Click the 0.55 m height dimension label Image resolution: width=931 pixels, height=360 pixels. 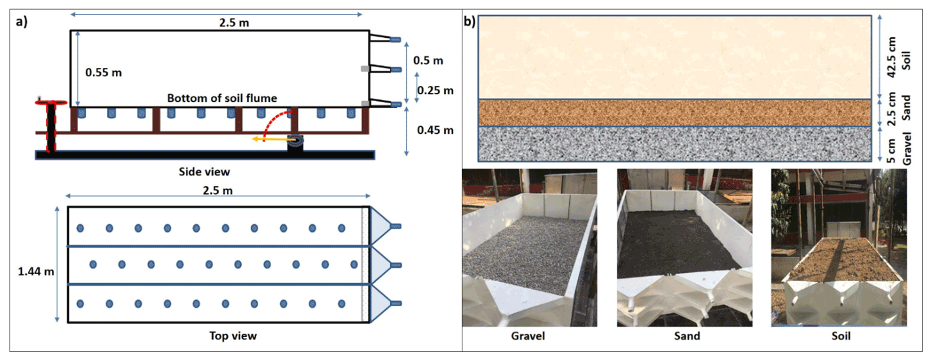[x=103, y=72]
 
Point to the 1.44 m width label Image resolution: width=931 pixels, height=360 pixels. [x=37, y=271]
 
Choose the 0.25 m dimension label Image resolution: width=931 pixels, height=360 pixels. [x=435, y=90]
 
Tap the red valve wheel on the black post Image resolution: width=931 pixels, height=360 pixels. [x=51, y=102]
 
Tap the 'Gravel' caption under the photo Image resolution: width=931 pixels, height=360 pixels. [x=528, y=336]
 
